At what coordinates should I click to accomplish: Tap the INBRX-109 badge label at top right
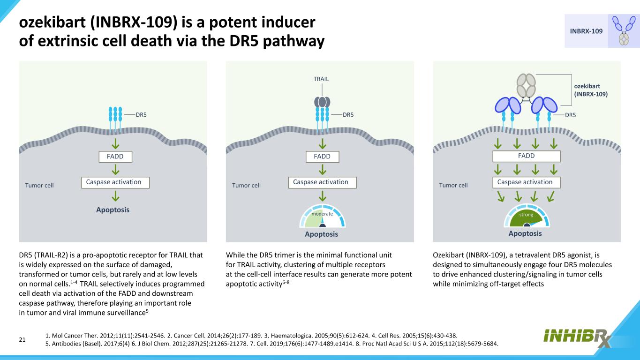point(586,31)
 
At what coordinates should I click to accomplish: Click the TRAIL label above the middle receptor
point(321,79)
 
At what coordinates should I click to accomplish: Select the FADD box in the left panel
point(115,156)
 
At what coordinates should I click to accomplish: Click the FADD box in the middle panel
point(322,156)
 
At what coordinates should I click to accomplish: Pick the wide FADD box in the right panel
point(527,156)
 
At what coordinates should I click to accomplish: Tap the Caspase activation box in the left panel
point(115,182)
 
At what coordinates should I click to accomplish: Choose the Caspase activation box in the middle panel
point(322,182)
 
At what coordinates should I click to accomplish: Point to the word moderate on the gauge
point(322,214)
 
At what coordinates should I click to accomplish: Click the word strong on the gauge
point(527,215)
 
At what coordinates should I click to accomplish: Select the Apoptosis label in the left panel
point(113,210)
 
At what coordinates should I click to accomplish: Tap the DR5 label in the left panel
point(142,114)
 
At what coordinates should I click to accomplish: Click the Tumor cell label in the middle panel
point(246,185)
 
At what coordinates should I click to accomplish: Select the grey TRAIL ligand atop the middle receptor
point(322,102)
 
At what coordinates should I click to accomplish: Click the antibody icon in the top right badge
point(623,31)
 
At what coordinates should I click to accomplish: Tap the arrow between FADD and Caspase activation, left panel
point(115,169)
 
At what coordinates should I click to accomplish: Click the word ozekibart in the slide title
point(52,22)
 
